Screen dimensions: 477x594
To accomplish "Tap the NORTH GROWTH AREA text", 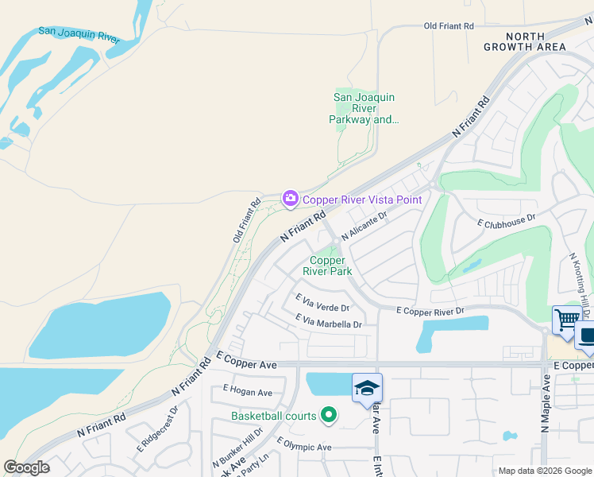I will (x=525, y=41).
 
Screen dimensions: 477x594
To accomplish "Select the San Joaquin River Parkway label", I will (x=364, y=109).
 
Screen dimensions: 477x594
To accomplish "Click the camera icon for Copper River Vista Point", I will (x=290, y=199).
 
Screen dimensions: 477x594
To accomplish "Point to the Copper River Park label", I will (x=327, y=265).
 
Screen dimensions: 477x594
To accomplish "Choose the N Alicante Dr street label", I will (x=363, y=225).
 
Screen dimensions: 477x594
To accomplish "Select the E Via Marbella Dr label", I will (x=328, y=321).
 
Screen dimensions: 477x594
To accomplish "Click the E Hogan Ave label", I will (x=248, y=391).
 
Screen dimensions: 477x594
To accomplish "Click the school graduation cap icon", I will (x=368, y=387).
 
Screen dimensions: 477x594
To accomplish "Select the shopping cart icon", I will (x=567, y=320).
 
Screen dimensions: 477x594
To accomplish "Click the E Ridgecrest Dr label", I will (x=157, y=432).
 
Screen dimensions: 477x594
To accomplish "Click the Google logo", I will (x=27, y=467).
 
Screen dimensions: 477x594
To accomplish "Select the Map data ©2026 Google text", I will (x=544, y=471).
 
